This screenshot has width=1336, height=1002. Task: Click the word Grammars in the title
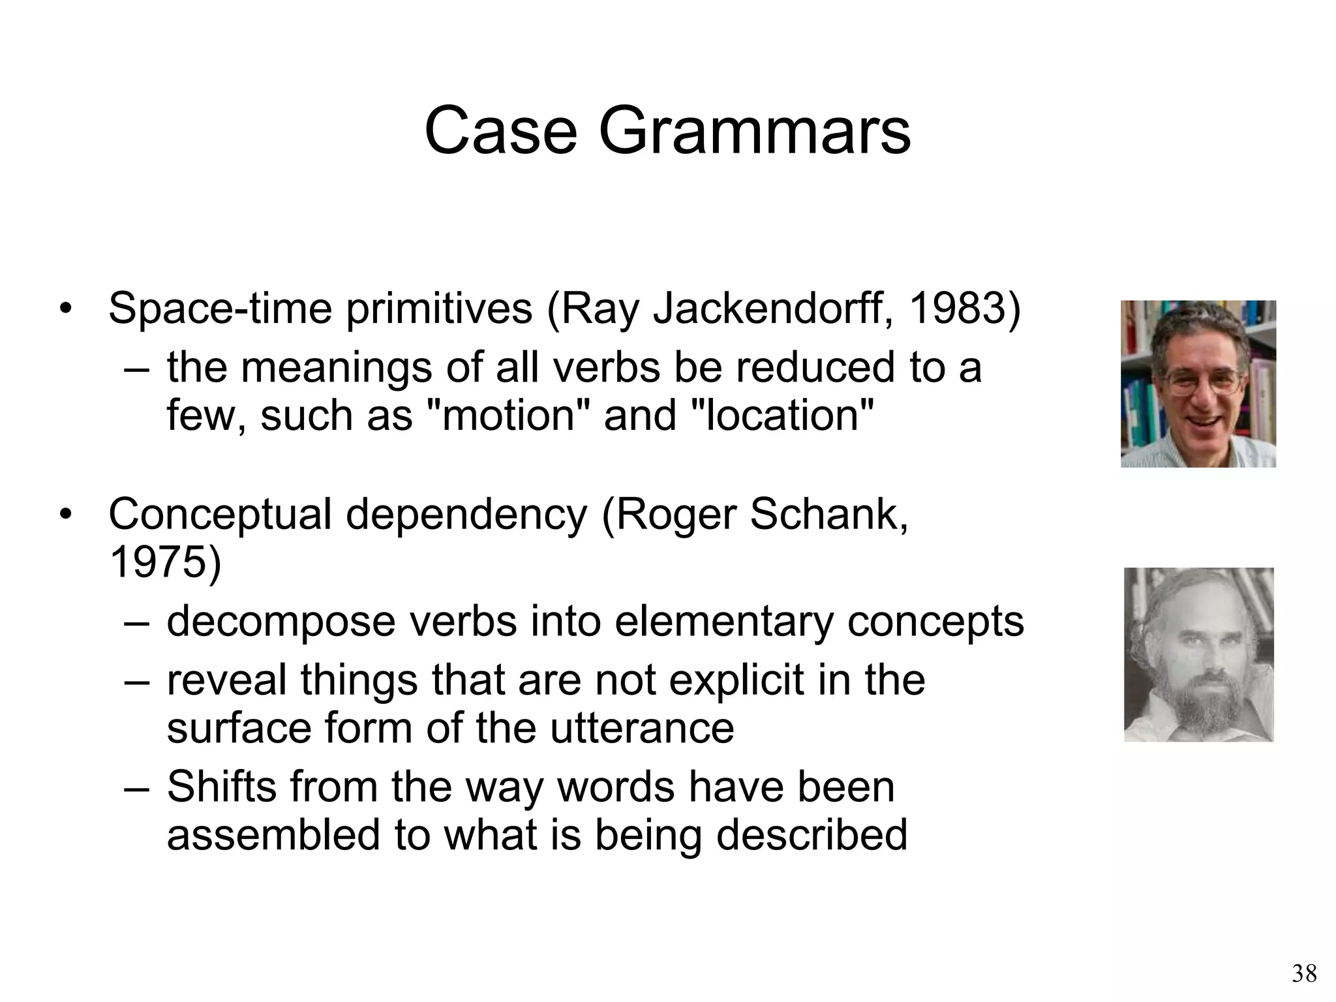(754, 132)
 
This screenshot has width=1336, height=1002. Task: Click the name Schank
(828, 515)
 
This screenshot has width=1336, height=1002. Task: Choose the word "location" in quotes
(782, 416)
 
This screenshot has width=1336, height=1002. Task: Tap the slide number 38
(1303, 974)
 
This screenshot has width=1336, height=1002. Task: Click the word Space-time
(220, 309)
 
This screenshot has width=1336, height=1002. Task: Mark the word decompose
(281, 622)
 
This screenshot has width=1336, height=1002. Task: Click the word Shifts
(221, 787)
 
